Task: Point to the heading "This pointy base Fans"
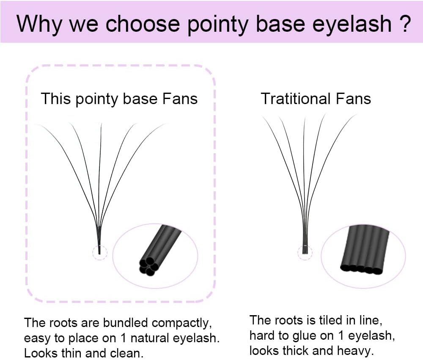[x=119, y=99]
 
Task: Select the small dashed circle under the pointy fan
[x=100, y=253]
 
